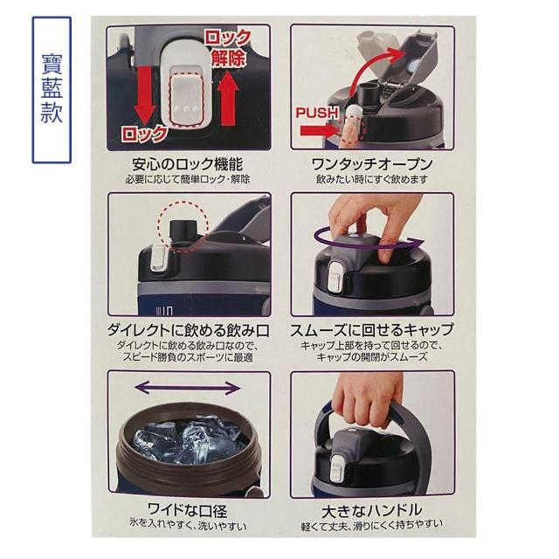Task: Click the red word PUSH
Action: [x=317, y=113]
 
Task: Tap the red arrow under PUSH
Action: [x=318, y=130]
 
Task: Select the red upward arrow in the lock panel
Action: [x=227, y=97]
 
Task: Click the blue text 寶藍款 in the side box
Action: [x=52, y=89]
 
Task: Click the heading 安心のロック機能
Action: [x=188, y=164]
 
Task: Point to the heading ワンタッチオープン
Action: [x=372, y=164]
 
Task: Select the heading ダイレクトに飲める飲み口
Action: [x=189, y=330]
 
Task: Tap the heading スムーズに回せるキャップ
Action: [x=372, y=330]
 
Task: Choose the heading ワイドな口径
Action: [x=188, y=510]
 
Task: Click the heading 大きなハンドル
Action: [x=372, y=511]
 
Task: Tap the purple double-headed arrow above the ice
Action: [x=189, y=388]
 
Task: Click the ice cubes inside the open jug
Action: [x=185, y=442]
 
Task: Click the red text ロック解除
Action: [x=228, y=48]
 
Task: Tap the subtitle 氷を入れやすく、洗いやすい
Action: [x=188, y=525]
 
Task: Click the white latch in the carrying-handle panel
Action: [x=337, y=467]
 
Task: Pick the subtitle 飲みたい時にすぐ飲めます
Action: [x=372, y=179]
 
